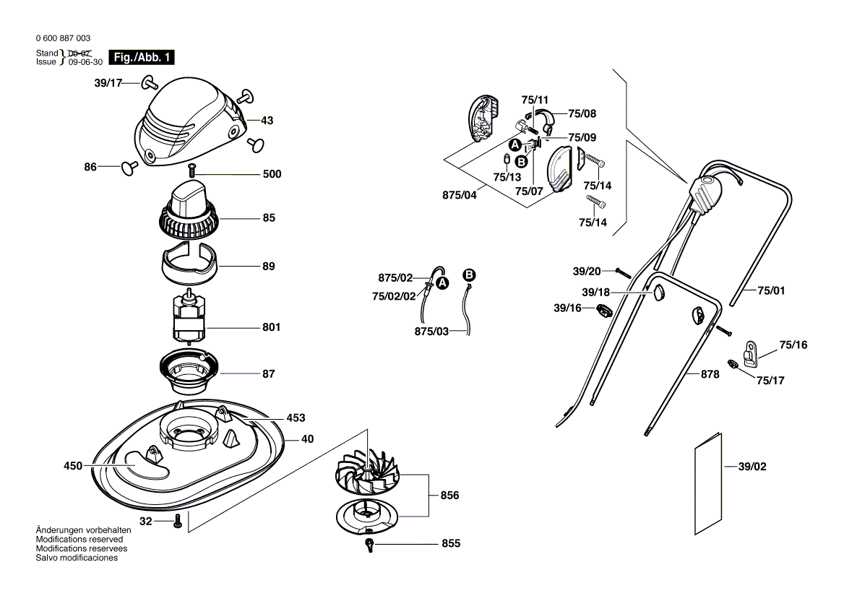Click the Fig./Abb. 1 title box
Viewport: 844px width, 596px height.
[142, 57]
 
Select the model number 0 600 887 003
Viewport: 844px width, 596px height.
[63, 38]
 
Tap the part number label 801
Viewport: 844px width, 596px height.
[271, 327]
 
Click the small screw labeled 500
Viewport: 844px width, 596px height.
[192, 170]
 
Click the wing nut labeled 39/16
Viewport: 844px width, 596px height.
[604, 311]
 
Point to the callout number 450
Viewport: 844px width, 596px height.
[74, 466]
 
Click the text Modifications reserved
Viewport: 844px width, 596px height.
[79, 539]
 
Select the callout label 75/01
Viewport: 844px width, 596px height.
[771, 290]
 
